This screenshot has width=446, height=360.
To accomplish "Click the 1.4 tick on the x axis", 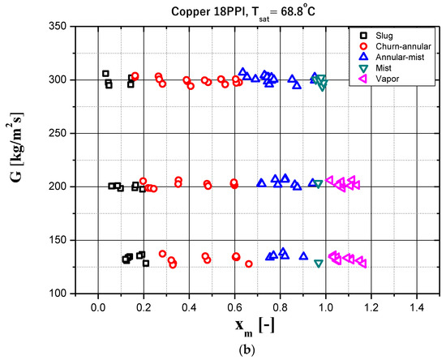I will [417, 306].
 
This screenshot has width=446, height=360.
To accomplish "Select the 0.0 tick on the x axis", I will [98, 306].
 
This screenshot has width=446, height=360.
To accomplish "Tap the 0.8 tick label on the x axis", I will [281, 306].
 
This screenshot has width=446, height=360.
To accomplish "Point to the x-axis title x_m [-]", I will [258, 328].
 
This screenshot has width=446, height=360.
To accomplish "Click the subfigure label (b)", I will [258, 350].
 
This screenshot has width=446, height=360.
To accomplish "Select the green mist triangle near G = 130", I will [319, 264].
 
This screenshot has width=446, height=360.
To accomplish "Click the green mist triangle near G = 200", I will [318, 185].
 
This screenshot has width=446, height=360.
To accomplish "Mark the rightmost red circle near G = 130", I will [249, 264].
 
